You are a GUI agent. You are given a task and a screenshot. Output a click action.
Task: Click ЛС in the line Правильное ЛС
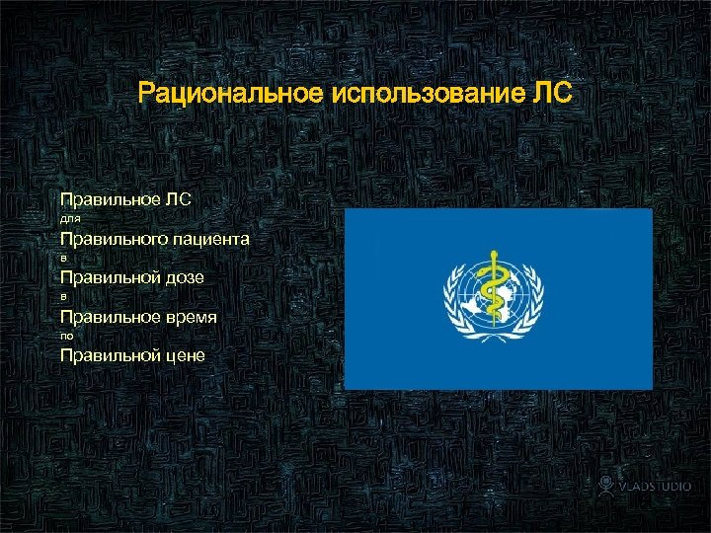coord(179,199)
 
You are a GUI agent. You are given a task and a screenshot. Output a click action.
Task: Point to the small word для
coord(70,219)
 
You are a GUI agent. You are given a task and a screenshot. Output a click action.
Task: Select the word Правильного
coord(115,239)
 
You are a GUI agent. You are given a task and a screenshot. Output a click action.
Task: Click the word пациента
coord(211,239)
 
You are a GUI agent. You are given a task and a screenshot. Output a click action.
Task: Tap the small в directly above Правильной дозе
coord(64,259)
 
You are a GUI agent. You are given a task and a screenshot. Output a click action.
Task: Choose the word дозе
coord(185,277)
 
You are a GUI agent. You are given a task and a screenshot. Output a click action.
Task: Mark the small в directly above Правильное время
coord(64,297)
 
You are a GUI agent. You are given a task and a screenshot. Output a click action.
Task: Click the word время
coord(193,317)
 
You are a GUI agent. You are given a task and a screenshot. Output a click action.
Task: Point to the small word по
coord(67,337)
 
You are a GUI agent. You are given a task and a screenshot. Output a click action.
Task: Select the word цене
coord(185,355)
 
